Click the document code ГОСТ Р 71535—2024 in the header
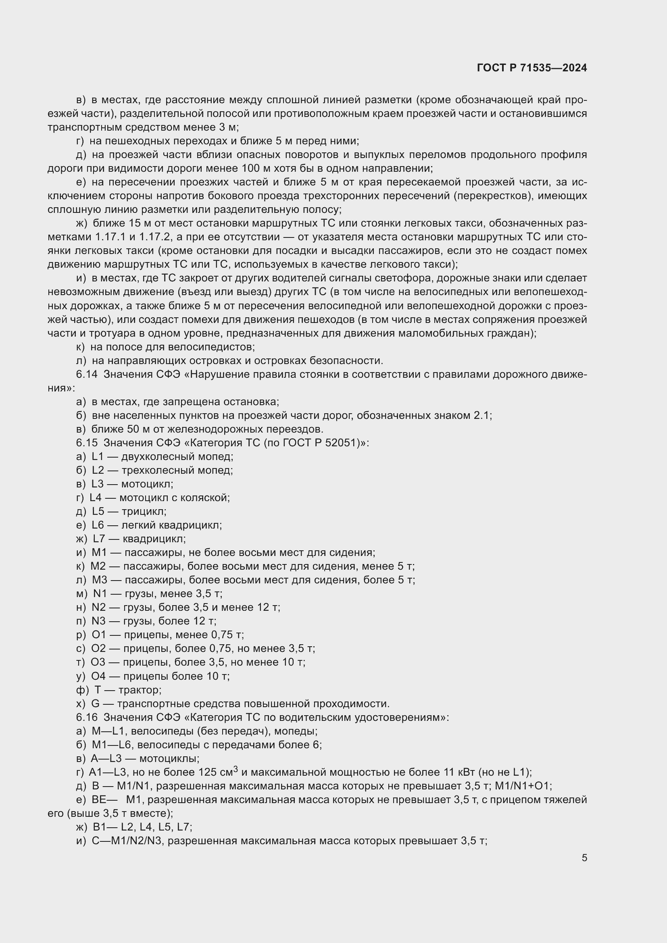pyautogui.click(x=532, y=68)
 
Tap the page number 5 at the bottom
pyautogui.click(x=584, y=858)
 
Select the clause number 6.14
pyautogui.click(x=87, y=374)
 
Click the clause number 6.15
pyautogui.click(x=87, y=443)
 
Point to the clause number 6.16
pyautogui.click(x=87, y=717)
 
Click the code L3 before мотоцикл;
pyautogui.click(x=97, y=484)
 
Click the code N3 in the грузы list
pyautogui.click(x=98, y=621)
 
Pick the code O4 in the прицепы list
pyautogui.click(x=98, y=676)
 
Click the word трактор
pyautogui.click(x=139, y=690)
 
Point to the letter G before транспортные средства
pyautogui.click(x=95, y=704)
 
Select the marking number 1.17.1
pyautogui.click(x=109, y=237)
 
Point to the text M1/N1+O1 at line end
pyautogui.click(x=523, y=786)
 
